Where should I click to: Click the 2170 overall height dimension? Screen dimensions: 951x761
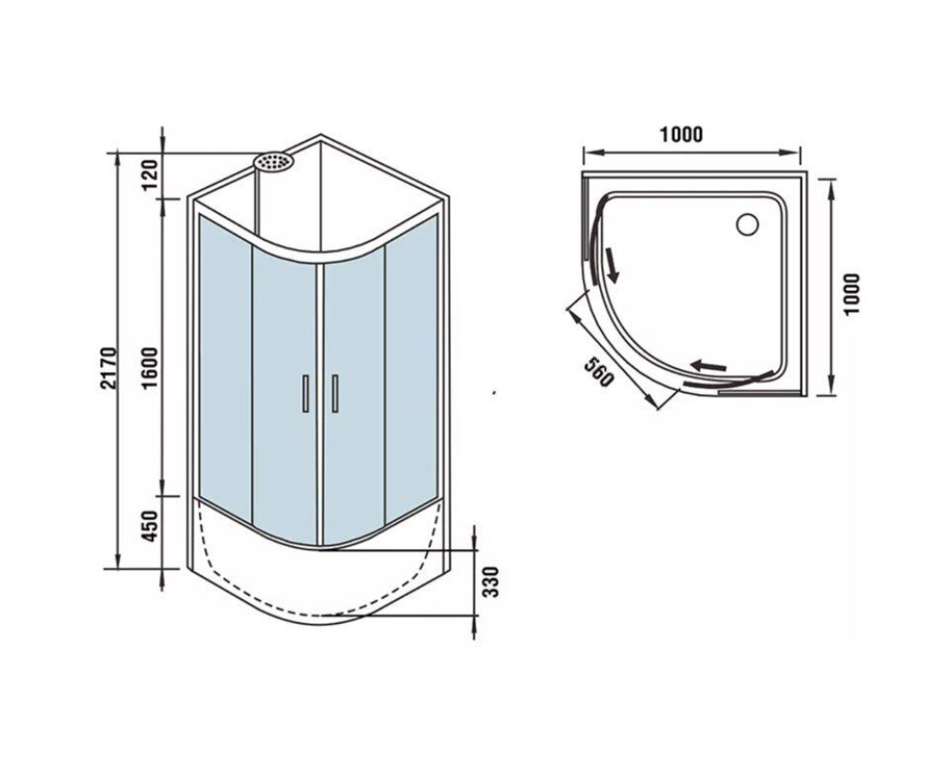108,368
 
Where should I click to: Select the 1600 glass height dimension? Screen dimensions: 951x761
150,368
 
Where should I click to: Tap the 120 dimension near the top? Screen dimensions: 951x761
150,173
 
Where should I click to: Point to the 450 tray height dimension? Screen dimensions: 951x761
150,525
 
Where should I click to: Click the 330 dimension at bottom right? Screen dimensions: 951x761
492,582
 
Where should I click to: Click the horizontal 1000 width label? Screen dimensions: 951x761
682,135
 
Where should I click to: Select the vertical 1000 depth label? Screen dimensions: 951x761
851,294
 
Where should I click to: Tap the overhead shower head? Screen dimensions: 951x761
274,162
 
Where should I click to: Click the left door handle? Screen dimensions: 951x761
305,393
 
